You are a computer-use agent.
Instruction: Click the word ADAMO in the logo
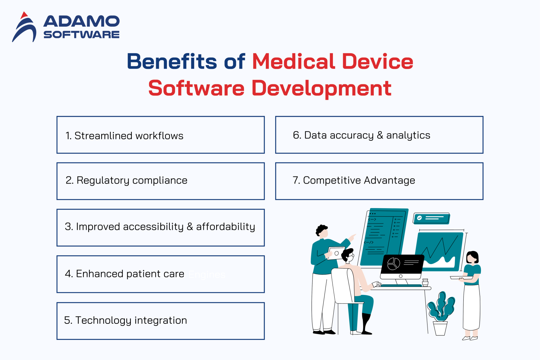(81, 22)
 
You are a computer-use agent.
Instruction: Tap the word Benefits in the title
(172, 62)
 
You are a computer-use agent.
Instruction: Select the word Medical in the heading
(294, 62)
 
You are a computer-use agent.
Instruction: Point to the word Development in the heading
(321, 88)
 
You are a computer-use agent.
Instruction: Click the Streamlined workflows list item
(124, 136)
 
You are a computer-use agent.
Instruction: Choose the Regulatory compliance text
(127, 180)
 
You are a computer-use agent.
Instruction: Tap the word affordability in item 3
(225, 227)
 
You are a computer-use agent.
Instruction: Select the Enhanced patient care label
(125, 274)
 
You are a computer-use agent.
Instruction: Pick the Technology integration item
(126, 320)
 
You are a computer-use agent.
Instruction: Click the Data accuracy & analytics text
(361, 135)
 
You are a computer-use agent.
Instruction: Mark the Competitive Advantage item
(354, 180)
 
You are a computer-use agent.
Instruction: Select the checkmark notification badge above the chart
(431, 218)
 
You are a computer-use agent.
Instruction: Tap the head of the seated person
(348, 255)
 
